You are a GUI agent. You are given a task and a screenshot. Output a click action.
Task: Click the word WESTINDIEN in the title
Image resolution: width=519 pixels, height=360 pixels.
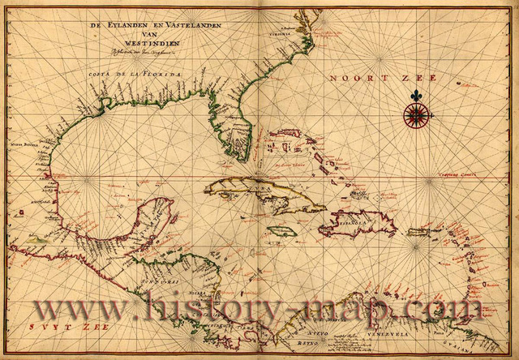(144, 45)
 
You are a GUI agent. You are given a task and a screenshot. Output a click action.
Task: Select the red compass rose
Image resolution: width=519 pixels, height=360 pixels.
(416, 115)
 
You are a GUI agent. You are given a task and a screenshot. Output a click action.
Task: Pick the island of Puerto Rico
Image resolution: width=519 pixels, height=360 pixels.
(417, 233)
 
